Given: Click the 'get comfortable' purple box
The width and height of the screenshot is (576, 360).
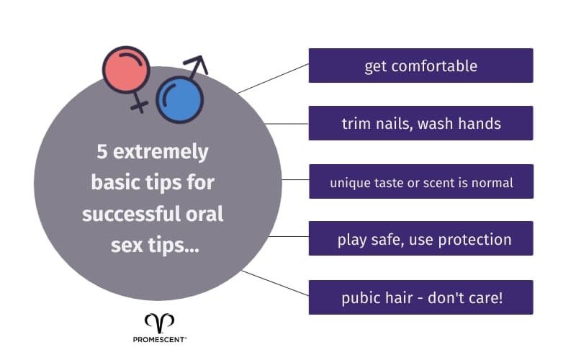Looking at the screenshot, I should pos(420,66).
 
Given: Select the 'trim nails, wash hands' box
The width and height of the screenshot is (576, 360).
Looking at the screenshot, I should pos(420,123).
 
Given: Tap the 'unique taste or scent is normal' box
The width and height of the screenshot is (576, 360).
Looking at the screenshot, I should pos(420,182).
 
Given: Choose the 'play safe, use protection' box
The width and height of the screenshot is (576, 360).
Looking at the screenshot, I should pos(420,239).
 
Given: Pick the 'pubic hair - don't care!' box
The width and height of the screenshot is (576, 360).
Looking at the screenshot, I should pos(420,297).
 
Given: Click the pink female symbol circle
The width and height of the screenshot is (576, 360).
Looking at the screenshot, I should pos(125,71).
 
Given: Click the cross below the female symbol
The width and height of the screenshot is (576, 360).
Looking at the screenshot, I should pos(138,107).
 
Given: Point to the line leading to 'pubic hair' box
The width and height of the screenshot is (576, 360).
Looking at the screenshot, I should pos(274,283).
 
